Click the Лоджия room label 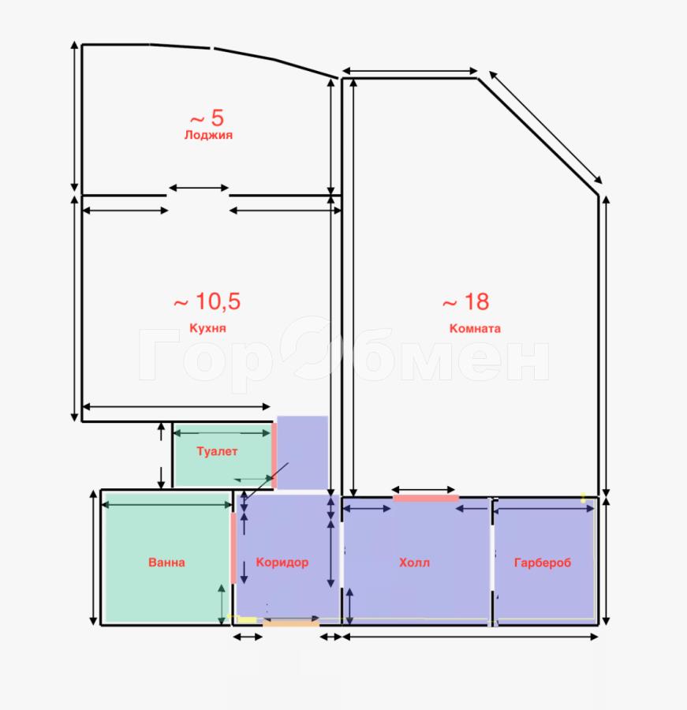tap(208, 135)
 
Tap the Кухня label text tap(207, 328)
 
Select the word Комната tap(475, 328)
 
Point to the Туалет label tap(217, 451)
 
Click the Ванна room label tap(166, 562)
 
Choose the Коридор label tap(282, 562)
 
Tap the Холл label tap(414, 562)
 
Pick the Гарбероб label tap(543, 562)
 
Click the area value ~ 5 tap(207, 118)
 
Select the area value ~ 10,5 tap(207, 301)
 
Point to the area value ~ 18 tap(466, 302)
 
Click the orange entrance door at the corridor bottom tap(291, 623)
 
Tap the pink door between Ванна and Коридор tap(233, 548)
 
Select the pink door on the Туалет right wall tap(274, 455)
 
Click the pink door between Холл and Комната tap(426, 499)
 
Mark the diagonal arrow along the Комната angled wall tap(546, 127)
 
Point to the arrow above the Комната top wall tap(409, 71)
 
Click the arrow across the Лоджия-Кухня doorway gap tap(199, 188)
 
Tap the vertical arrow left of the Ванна tap(93, 558)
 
